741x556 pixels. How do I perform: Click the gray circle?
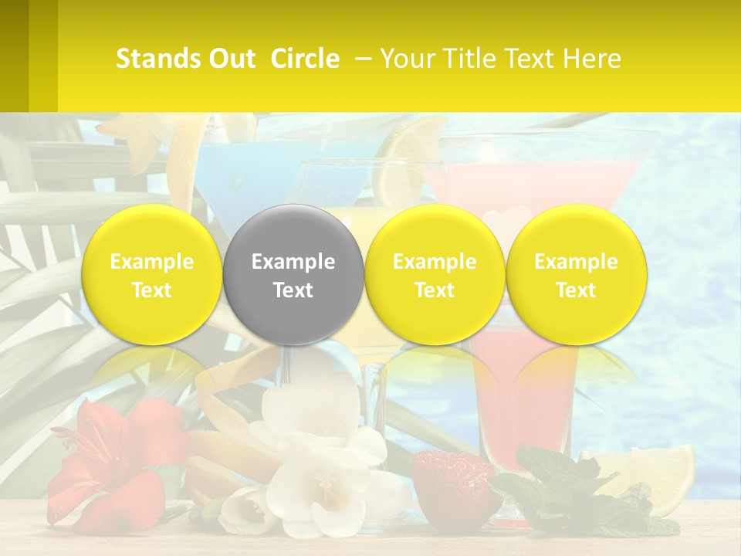[293, 274]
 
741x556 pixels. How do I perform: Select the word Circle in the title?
[305, 59]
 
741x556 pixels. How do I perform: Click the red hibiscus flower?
[116, 463]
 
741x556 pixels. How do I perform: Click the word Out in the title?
[233, 59]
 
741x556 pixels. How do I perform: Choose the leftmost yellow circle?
[152, 274]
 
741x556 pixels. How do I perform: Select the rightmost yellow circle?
[577, 274]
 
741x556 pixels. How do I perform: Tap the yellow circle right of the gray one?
[435, 274]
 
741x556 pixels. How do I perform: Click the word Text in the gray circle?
[293, 290]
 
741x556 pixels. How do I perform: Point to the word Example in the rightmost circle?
[577, 262]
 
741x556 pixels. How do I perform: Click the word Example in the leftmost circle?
[152, 262]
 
